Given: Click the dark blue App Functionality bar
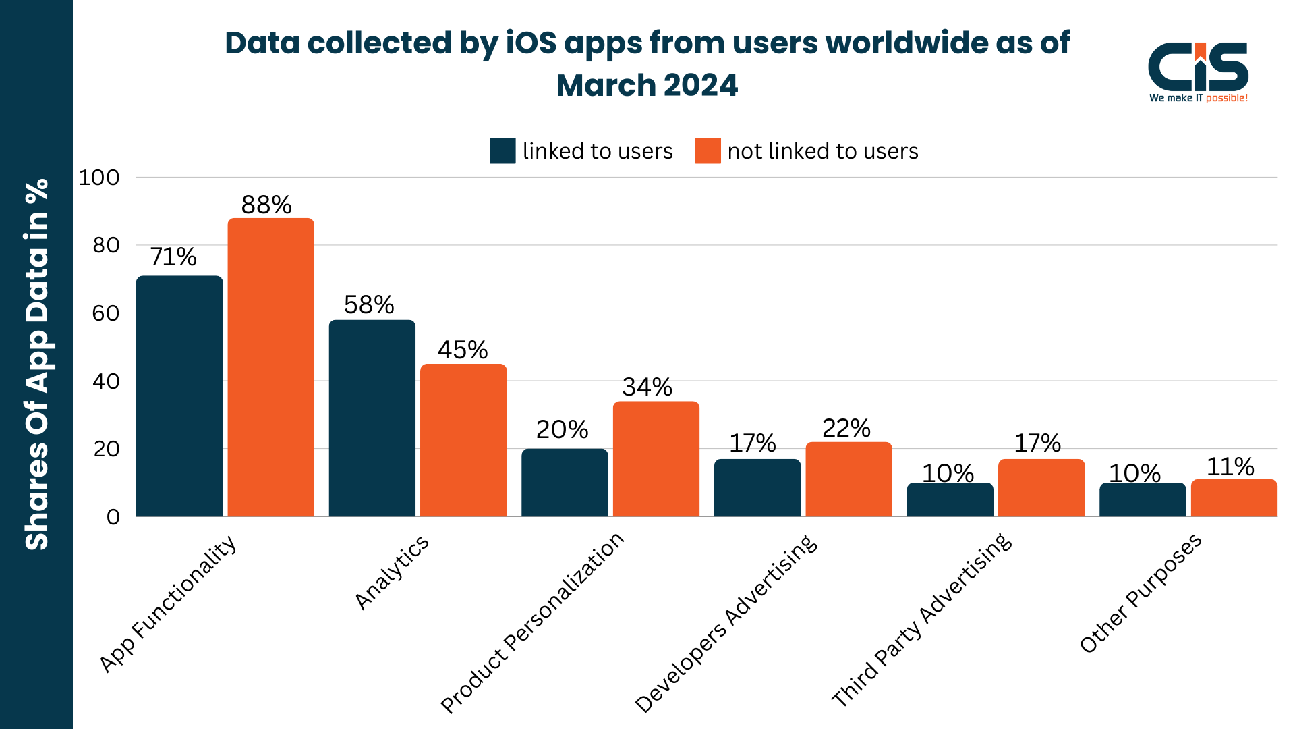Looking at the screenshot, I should pos(179,396).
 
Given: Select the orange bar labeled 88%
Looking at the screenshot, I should pos(270,368).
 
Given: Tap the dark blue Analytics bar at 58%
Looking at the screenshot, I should pos(372,418).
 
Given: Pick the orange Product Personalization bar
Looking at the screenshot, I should pos(656,459).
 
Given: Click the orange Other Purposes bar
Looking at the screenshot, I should pos(1234,498).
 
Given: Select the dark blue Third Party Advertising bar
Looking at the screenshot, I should pos(950,500).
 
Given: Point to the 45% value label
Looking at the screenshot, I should pos(463,350).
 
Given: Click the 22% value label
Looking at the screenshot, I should pos(846,428).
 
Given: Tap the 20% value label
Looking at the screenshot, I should pos(562,429).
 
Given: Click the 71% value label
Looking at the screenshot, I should pos(173,256).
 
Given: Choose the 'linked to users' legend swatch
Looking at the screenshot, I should pos(502,151).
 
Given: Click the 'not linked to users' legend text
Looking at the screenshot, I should pos(823,151).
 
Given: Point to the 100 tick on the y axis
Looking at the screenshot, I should pos(99,178).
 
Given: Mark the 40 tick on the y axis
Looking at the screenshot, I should pos(106,381).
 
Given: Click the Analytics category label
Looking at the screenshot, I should pos(392,572).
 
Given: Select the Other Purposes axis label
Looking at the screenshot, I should pos(1141,593).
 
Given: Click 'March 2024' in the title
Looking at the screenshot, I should pos(647,86).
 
